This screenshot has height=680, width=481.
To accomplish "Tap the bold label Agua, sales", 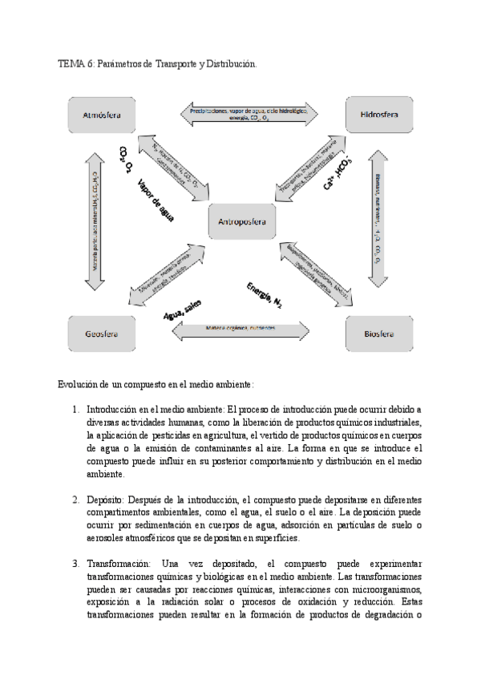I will point(182,310).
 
